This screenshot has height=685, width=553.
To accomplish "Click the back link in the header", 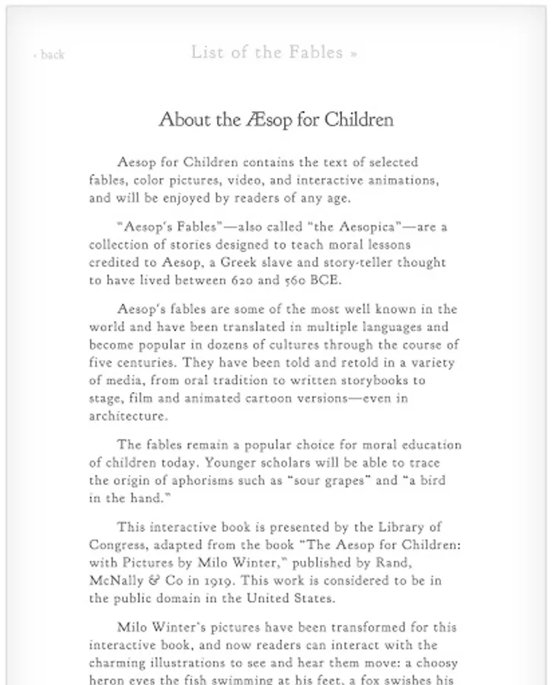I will [50, 55].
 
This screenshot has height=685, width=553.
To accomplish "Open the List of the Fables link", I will [273, 53].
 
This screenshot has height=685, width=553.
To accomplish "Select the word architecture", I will [126, 416].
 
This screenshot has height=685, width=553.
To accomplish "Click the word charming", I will [117, 662].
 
